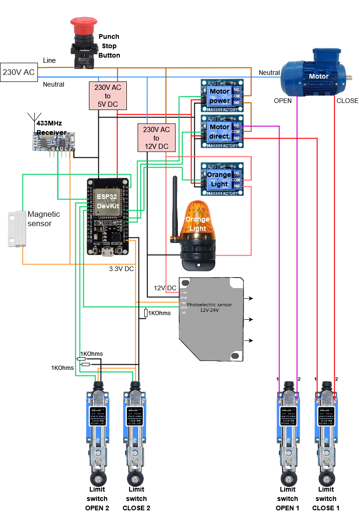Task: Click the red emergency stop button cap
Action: (x=84, y=23)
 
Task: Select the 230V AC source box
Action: (x=19, y=72)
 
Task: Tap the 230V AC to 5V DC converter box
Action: (x=108, y=96)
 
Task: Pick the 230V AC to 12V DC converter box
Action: (x=156, y=138)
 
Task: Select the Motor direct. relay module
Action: (x=222, y=131)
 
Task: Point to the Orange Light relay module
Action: (x=222, y=179)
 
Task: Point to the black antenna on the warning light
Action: (x=175, y=206)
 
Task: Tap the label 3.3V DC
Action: (x=122, y=269)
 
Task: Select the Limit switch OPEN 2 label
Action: (x=97, y=499)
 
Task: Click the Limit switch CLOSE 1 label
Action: (x=326, y=499)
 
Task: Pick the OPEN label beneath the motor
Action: (x=282, y=101)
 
